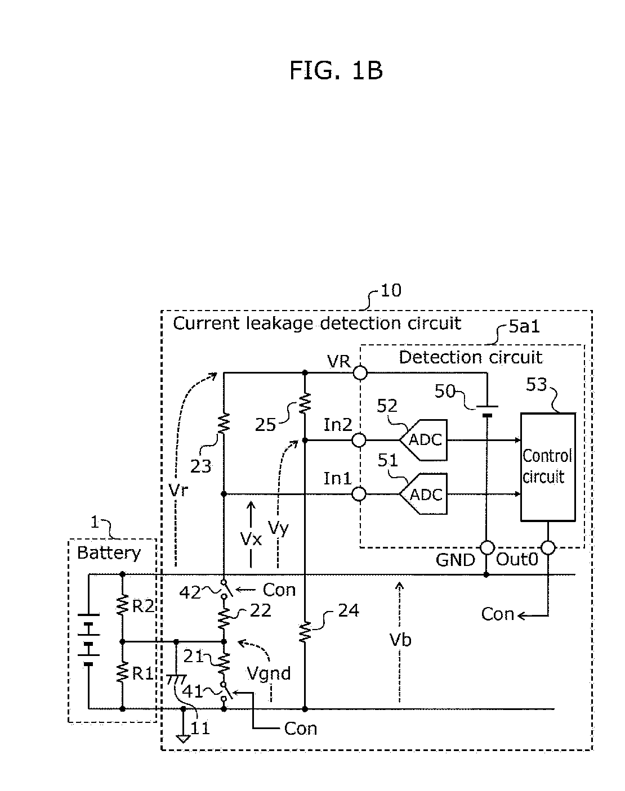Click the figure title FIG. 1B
coord(336,70)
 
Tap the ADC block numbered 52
coord(423,439)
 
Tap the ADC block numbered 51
coord(423,493)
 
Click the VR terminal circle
coord(360,372)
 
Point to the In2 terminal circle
coord(359,440)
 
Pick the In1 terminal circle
coord(359,494)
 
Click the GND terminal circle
coord(488,547)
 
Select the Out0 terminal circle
coord(548,547)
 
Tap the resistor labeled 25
coord(305,403)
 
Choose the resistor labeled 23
coord(224,424)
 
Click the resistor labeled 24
coord(305,631)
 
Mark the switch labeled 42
coord(225,589)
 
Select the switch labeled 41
coord(225,691)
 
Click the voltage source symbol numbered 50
coord(487,411)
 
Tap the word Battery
coord(109,553)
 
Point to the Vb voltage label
coord(400,640)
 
